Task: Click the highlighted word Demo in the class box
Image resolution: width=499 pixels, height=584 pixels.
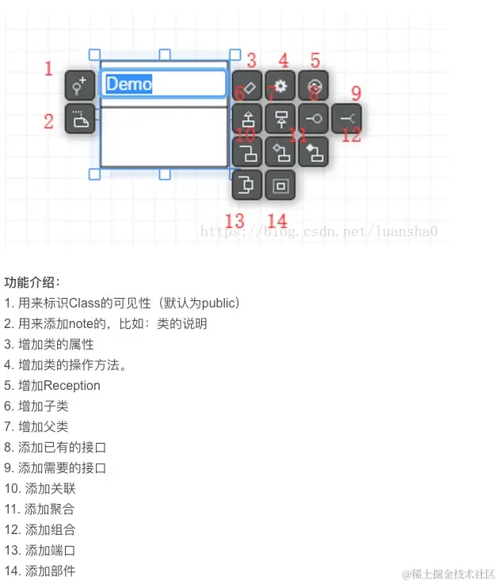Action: (129, 84)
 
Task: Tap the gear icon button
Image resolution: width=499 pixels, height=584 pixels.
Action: (280, 86)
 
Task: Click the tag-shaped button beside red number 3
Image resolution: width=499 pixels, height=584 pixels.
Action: (247, 86)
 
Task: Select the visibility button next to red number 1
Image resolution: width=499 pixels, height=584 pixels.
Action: (79, 86)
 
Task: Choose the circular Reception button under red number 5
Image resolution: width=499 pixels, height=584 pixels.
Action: (313, 86)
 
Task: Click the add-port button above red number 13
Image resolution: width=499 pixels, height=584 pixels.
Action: (247, 185)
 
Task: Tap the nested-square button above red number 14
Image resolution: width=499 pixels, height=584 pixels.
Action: (280, 185)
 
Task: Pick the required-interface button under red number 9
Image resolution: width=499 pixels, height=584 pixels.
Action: (346, 118)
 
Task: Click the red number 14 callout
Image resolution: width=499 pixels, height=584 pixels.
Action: (277, 220)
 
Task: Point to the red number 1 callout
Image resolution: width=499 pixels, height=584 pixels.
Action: (48, 69)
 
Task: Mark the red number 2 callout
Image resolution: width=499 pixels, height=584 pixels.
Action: (48, 121)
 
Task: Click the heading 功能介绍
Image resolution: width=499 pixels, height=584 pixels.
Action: (32, 282)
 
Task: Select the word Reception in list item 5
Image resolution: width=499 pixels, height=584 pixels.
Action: (72, 385)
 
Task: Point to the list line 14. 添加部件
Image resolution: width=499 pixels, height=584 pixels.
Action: (40, 571)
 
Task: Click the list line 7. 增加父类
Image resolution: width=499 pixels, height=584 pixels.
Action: (36, 426)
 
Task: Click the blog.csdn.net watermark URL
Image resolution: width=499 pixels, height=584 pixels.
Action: (319, 231)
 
